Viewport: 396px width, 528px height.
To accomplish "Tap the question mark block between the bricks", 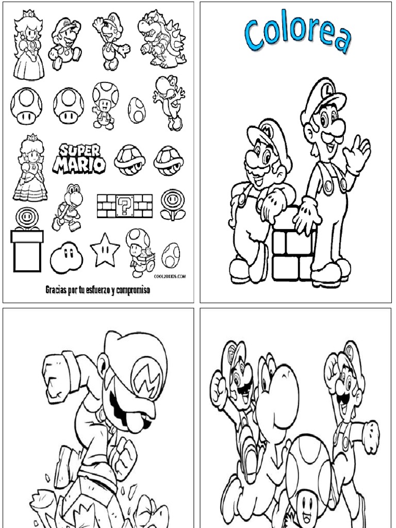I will pos(125,206).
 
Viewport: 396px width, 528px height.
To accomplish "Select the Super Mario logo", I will pos(81,158).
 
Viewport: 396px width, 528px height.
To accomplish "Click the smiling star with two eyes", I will pos(105,251).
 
